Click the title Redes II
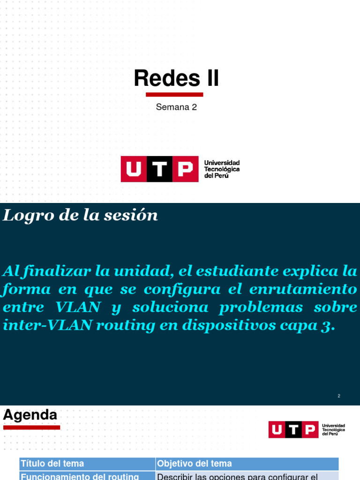tap(176, 78)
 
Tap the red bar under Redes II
tap(174, 95)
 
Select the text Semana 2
tap(176, 107)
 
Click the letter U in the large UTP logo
tap(134, 169)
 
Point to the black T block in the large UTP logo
tap(160, 169)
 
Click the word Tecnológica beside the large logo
tap(222, 169)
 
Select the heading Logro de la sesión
tap(81, 216)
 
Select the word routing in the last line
tap(121, 326)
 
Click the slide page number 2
tap(339, 396)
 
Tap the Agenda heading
tap(30, 415)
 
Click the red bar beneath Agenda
tap(32, 427)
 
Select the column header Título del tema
tap(52, 464)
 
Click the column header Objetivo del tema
tap(195, 464)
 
